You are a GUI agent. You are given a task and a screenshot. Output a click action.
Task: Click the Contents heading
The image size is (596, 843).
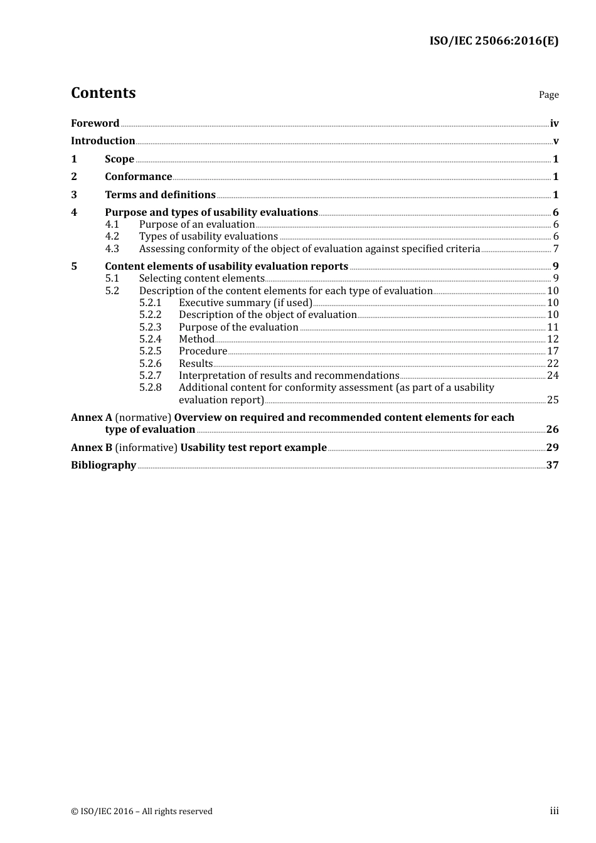[103, 93]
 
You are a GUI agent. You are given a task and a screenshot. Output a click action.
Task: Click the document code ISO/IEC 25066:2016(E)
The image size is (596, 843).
[493, 41]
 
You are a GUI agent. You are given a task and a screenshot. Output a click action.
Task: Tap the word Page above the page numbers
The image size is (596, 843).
[548, 95]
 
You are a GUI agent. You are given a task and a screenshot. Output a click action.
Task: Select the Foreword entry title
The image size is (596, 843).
[95, 123]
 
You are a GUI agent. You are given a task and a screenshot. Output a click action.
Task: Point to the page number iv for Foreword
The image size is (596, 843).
[554, 124]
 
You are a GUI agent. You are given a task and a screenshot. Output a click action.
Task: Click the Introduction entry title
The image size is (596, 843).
[103, 140]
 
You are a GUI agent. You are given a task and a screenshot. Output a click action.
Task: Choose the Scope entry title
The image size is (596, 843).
[119, 159]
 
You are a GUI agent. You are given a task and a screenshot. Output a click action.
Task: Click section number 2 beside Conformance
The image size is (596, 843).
[74, 177]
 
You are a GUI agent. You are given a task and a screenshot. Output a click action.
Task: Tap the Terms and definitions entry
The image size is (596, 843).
[160, 194]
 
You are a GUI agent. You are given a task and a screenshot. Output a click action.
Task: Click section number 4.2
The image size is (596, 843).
[112, 236]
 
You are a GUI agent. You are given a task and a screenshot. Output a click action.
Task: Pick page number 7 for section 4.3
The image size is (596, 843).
[556, 249]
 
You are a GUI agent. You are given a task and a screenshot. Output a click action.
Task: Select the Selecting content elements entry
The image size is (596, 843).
[201, 278]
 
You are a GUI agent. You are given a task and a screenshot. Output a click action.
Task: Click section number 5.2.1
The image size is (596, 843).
[150, 303]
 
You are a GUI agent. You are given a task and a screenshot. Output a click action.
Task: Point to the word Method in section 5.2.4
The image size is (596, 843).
[196, 339]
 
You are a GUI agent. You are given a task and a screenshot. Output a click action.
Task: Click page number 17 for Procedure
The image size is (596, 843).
[553, 351]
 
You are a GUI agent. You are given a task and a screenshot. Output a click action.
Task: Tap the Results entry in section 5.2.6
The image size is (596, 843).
[196, 364]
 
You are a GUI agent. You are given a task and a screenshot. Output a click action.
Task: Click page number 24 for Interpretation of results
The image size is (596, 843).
[553, 376]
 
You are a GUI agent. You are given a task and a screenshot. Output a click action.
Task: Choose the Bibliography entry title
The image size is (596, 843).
[104, 465]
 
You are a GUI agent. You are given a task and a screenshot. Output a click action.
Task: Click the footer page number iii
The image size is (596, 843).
[554, 811]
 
